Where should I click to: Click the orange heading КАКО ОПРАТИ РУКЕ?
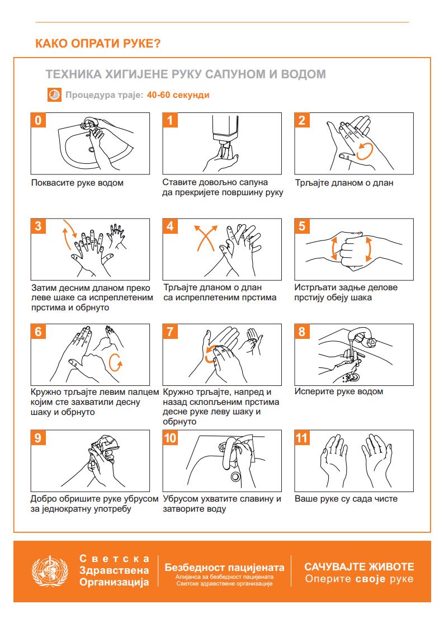(98, 43)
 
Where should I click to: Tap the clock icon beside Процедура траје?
(54, 95)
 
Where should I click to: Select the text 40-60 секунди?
(178, 95)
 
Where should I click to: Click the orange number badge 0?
(38, 120)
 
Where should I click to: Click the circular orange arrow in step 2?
(365, 152)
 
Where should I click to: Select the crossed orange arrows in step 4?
(205, 238)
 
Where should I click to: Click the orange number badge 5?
(302, 226)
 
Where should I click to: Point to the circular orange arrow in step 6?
(115, 362)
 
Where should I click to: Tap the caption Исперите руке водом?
(339, 391)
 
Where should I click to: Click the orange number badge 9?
(38, 437)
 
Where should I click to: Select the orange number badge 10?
(170, 437)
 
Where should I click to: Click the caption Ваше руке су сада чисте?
(346, 499)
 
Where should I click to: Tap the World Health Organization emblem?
(50, 571)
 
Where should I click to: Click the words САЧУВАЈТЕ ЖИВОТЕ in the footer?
(359, 566)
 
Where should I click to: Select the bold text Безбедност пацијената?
(224, 567)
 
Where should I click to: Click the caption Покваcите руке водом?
(77, 183)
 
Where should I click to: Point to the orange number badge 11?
(302, 437)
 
